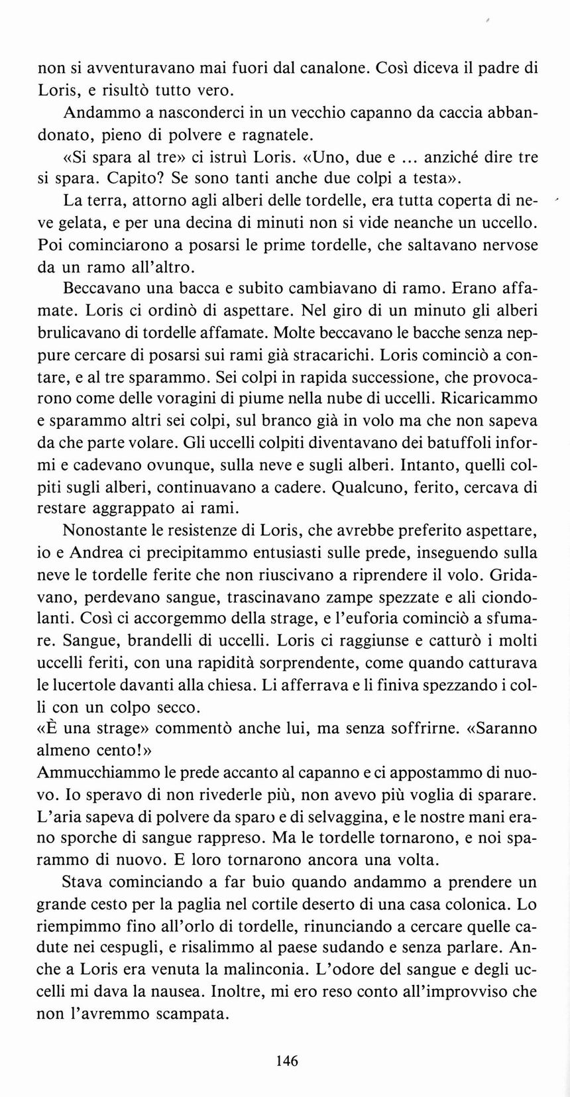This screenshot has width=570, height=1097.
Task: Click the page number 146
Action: coord(286,1060)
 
